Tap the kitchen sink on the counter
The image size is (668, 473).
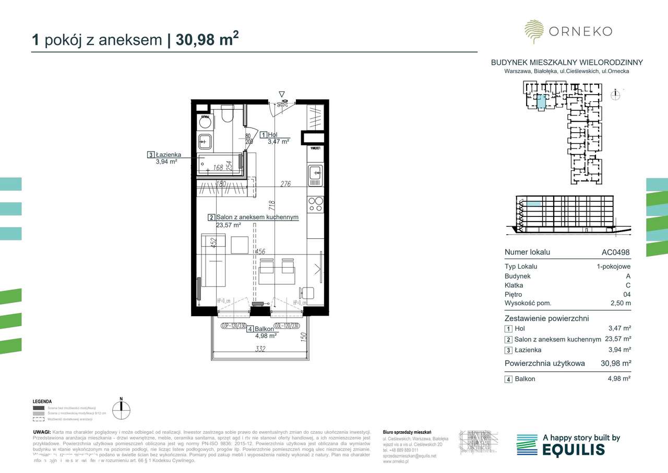click(315, 172)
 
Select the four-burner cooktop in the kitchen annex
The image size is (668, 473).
click(315, 204)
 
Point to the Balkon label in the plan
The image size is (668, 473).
click(265, 329)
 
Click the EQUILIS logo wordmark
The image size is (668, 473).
click(574, 449)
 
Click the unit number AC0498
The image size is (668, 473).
click(615, 252)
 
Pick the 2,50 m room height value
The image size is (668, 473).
click(621, 303)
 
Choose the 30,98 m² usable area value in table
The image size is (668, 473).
click(616, 363)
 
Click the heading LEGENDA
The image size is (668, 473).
click(42, 401)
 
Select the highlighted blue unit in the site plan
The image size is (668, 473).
click(541, 101)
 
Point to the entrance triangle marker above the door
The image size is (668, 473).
click(282, 94)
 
